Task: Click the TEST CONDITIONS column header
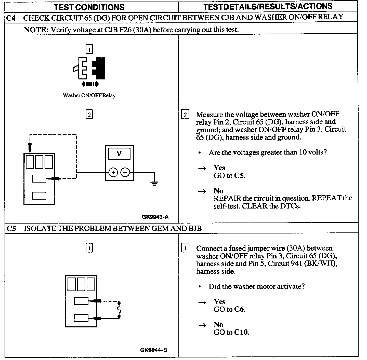pos(89,7)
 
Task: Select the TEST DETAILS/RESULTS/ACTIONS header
pos(268,7)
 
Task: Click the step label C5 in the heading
pos(11,228)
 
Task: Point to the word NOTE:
pos(36,30)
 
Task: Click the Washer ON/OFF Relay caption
pos(89,95)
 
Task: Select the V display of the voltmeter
pos(119,154)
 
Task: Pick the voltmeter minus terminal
pos(125,172)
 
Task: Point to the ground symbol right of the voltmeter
pos(154,183)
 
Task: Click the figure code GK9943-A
pos(155,217)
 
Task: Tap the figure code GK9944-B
pos(154,350)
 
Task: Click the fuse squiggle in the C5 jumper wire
pos(119,310)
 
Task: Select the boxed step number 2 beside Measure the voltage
pos(185,115)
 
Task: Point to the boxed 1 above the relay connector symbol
pos(89,49)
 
